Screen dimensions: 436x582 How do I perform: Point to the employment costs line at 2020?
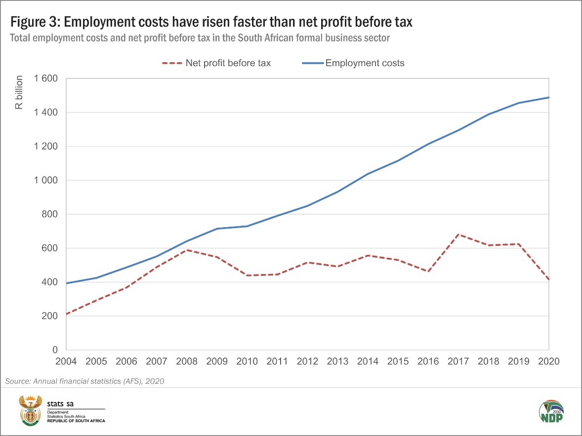coord(548,98)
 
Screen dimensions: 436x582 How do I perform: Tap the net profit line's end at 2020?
coord(548,280)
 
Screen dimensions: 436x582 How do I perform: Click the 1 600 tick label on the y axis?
coord(45,79)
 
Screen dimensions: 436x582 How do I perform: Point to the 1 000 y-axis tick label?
coord(45,181)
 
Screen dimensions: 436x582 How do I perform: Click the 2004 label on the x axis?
coord(66,361)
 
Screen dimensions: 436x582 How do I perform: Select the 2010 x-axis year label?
coord(247,361)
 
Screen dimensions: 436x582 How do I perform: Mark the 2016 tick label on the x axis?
coord(428,361)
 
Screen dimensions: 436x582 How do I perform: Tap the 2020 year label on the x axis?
coord(548,361)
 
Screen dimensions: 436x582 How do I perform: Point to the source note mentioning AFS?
coord(84,381)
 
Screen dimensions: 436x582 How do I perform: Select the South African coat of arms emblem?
coord(31,409)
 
